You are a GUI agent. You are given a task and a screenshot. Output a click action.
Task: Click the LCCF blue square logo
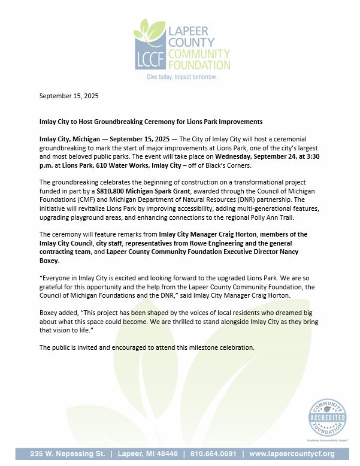(149, 55)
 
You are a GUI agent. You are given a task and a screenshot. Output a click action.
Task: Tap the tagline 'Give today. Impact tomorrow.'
(182, 77)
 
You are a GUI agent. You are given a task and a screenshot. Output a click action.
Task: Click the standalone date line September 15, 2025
(69, 96)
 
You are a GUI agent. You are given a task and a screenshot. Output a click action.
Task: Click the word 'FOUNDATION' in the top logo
(200, 65)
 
